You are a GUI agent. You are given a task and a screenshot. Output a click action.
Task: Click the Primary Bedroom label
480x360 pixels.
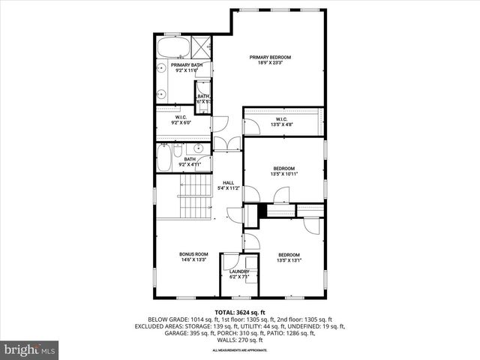[270, 61]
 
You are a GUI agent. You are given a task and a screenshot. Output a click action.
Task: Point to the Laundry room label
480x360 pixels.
[239, 274]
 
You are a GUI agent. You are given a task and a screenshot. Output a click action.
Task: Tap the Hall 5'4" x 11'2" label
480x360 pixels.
[229, 185]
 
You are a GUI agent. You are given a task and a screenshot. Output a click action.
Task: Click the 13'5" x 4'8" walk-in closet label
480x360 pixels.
[282, 121]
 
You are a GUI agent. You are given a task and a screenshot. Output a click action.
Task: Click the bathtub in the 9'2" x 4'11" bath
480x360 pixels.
[163, 159]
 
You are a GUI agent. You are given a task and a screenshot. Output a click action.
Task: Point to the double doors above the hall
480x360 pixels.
[228, 142]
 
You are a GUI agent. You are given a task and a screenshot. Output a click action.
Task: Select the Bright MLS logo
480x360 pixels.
[30, 349]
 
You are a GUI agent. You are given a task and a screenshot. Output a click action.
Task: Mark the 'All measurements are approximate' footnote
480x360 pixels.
[239, 350]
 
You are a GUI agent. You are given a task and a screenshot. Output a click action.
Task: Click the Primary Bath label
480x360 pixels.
[186, 67]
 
